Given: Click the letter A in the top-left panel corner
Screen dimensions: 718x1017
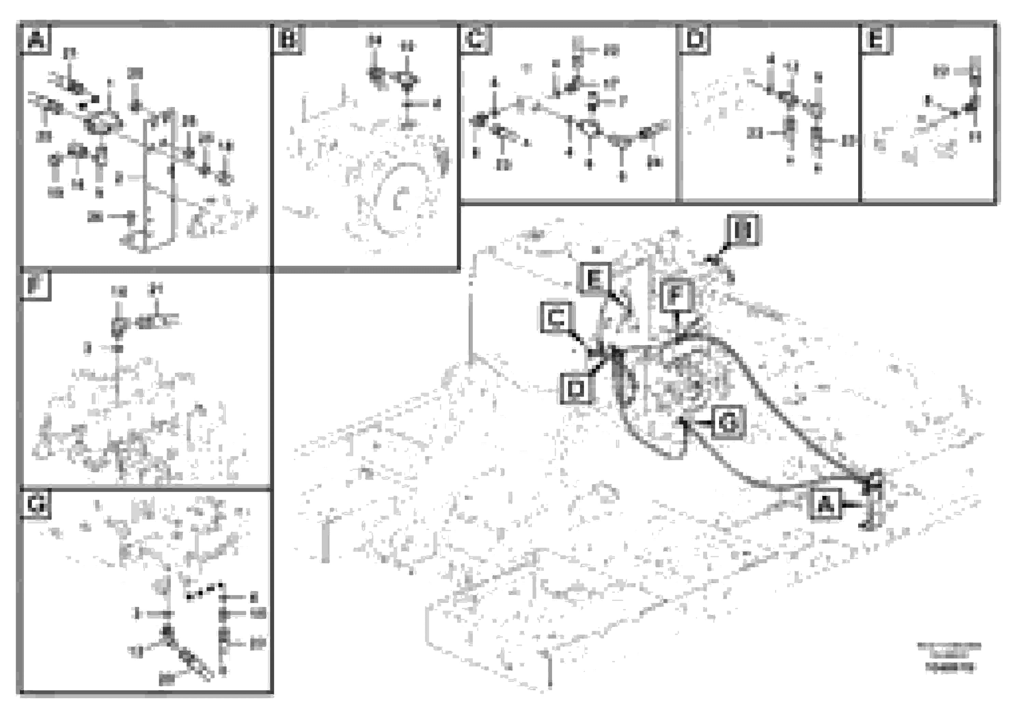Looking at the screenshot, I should [36, 40].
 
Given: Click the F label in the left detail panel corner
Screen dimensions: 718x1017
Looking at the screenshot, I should [36, 285].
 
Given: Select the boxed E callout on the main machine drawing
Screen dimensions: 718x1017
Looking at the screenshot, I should [594, 279].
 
